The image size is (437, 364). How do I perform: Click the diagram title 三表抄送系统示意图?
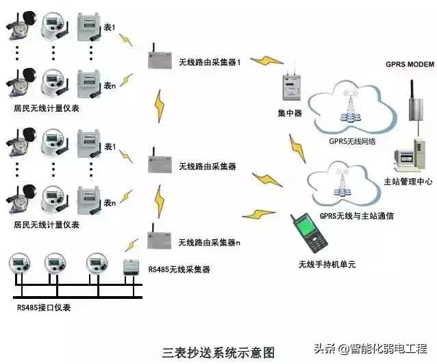pos(218,352)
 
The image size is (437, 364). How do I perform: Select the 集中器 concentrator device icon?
pos(290,87)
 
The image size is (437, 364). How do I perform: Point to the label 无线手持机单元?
pos(327,264)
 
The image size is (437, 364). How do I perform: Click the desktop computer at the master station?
pos(408,155)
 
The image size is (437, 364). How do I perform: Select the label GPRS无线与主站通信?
pos(356,216)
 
